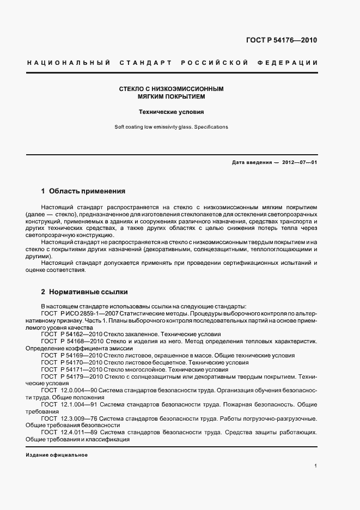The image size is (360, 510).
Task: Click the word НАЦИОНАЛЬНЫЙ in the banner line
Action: point(69,63)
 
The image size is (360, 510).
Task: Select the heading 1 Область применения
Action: point(83,191)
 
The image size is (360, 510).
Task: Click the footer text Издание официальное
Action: point(57,455)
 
